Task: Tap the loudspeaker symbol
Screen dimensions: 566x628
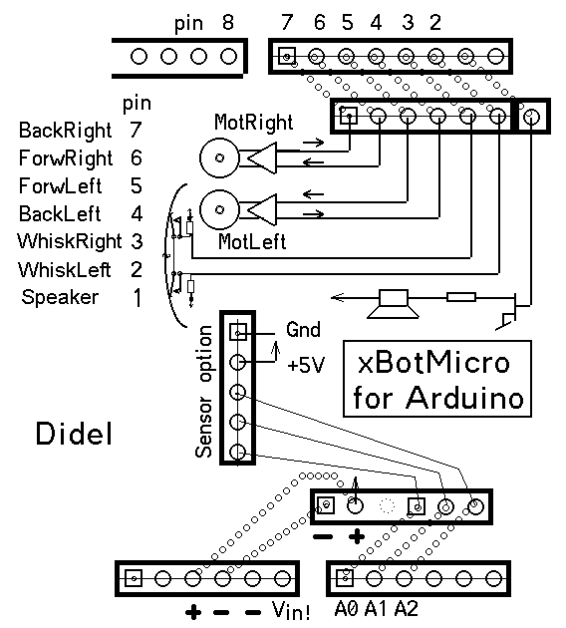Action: click(393, 304)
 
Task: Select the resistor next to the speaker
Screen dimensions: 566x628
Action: click(461, 297)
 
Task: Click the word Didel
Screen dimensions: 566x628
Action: click(74, 434)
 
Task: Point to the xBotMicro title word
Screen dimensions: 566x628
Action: click(433, 363)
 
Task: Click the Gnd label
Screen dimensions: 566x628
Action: click(303, 330)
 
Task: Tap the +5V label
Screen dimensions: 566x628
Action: click(306, 365)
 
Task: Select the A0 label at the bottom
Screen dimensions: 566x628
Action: click(346, 609)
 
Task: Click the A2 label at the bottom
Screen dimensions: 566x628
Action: click(407, 609)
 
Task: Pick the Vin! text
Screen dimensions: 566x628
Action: click(291, 610)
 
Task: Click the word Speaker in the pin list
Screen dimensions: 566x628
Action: click(60, 297)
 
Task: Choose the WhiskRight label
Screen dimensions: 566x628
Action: click(70, 241)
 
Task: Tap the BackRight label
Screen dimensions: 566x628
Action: click(65, 131)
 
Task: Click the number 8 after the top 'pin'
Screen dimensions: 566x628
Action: click(228, 22)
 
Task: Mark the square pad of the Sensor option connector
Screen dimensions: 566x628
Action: click(238, 332)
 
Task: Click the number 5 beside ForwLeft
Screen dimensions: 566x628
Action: click(137, 185)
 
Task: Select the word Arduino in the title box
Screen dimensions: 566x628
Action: click(465, 398)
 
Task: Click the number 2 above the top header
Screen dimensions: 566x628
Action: click(435, 22)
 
